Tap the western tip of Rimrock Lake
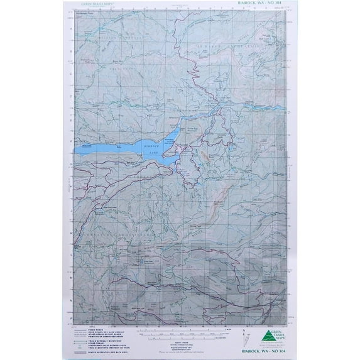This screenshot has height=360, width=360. point(77,153)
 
